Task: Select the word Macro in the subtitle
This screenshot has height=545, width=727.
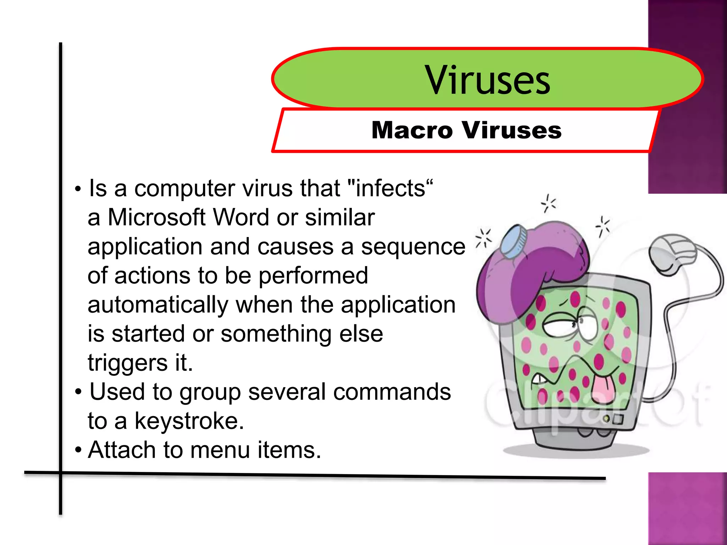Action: pos(412,130)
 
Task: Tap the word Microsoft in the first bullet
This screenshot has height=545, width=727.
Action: pos(157,217)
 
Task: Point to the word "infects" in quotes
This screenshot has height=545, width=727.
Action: pos(390,188)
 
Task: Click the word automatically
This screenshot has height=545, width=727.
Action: pos(158,305)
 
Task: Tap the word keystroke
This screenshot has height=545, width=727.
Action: pos(189,421)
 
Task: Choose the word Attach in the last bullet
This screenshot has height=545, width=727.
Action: pos(121,450)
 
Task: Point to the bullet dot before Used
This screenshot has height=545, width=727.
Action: pos(78,392)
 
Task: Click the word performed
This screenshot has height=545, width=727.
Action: pos(313,276)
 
